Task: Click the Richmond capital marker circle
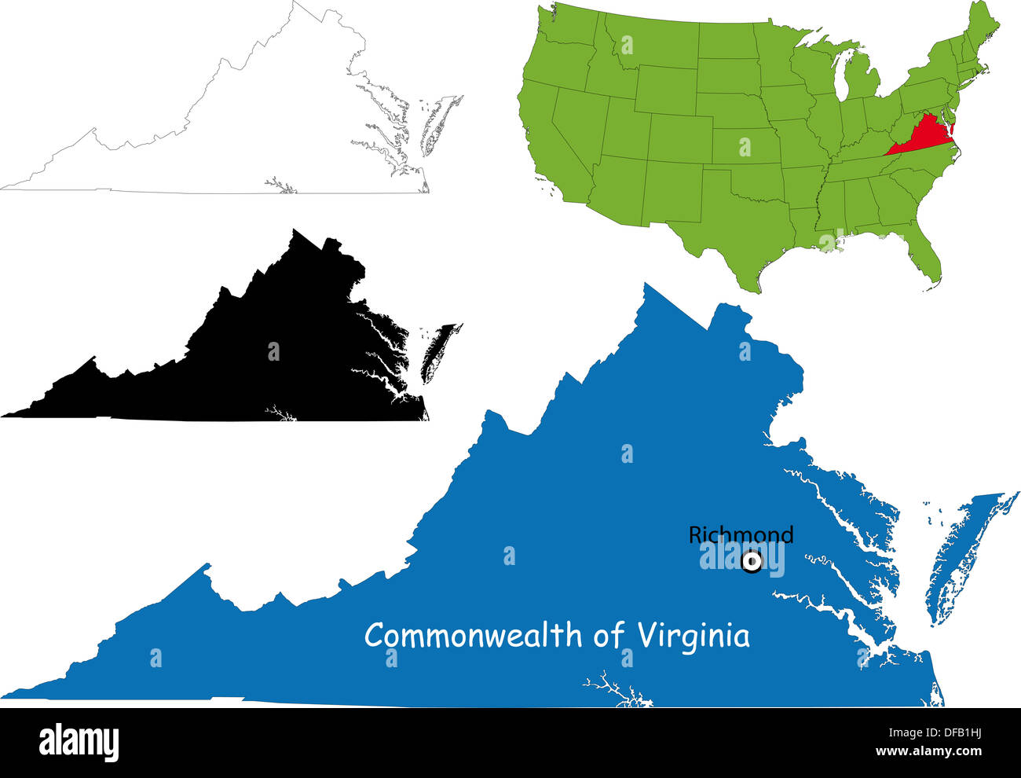pos(752,562)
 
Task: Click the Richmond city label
pos(741,535)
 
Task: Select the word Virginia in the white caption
pos(693,635)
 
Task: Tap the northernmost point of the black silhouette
pos(295,231)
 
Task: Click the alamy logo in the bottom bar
pos(79,741)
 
